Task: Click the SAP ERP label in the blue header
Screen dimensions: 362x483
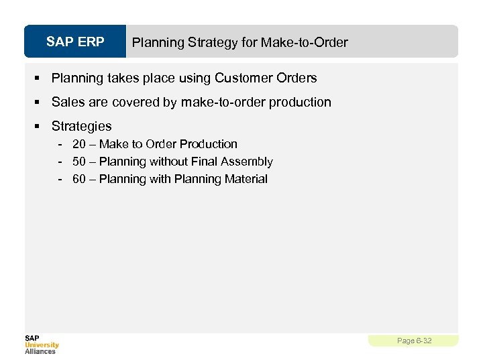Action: click(75, 42)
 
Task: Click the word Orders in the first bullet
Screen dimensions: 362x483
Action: click(297, 78)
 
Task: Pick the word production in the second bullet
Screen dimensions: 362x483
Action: click(301, 103)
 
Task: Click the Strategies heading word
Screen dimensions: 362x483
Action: click(81, 127)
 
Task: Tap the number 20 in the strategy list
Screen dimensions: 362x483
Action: click(79, 144)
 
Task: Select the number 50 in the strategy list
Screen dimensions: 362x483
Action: click(79, 162)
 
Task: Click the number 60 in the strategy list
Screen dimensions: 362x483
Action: click(79, 179)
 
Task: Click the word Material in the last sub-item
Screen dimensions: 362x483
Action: click(247, 179)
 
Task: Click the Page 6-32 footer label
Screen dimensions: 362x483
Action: click(414, 341)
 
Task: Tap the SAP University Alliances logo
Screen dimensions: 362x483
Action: click(42, 344)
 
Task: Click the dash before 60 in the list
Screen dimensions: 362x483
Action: click(60, 179)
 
